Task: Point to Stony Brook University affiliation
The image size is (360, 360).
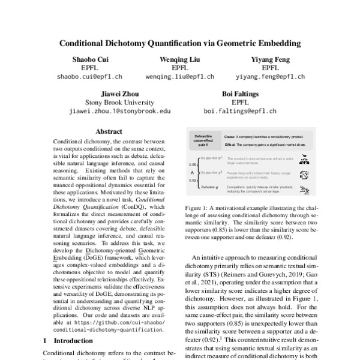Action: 119,102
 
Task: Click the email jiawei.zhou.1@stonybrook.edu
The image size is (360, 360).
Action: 119,111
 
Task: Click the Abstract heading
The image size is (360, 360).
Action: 109,131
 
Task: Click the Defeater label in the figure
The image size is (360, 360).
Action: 209,188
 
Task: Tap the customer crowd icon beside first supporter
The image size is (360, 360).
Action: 304,159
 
